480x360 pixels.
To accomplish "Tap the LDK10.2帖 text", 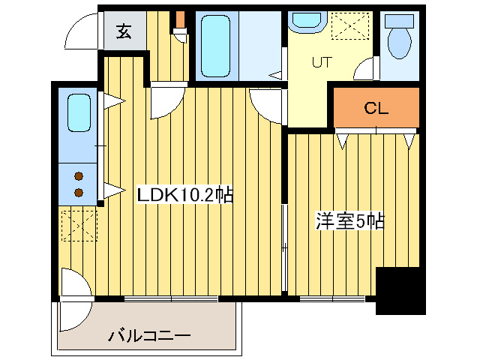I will pos(184,196).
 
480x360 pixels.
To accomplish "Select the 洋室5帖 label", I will pos(349,221).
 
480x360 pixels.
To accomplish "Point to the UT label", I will pos(321,62).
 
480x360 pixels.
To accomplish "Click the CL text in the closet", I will pos(376,108).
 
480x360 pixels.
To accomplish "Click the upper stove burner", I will pos(77,177).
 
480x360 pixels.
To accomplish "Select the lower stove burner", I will pos(77,192).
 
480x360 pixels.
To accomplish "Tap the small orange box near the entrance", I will pos(179,19).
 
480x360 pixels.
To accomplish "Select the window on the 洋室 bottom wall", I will pos(331,298).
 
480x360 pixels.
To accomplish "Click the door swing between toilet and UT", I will pos(367,70).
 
